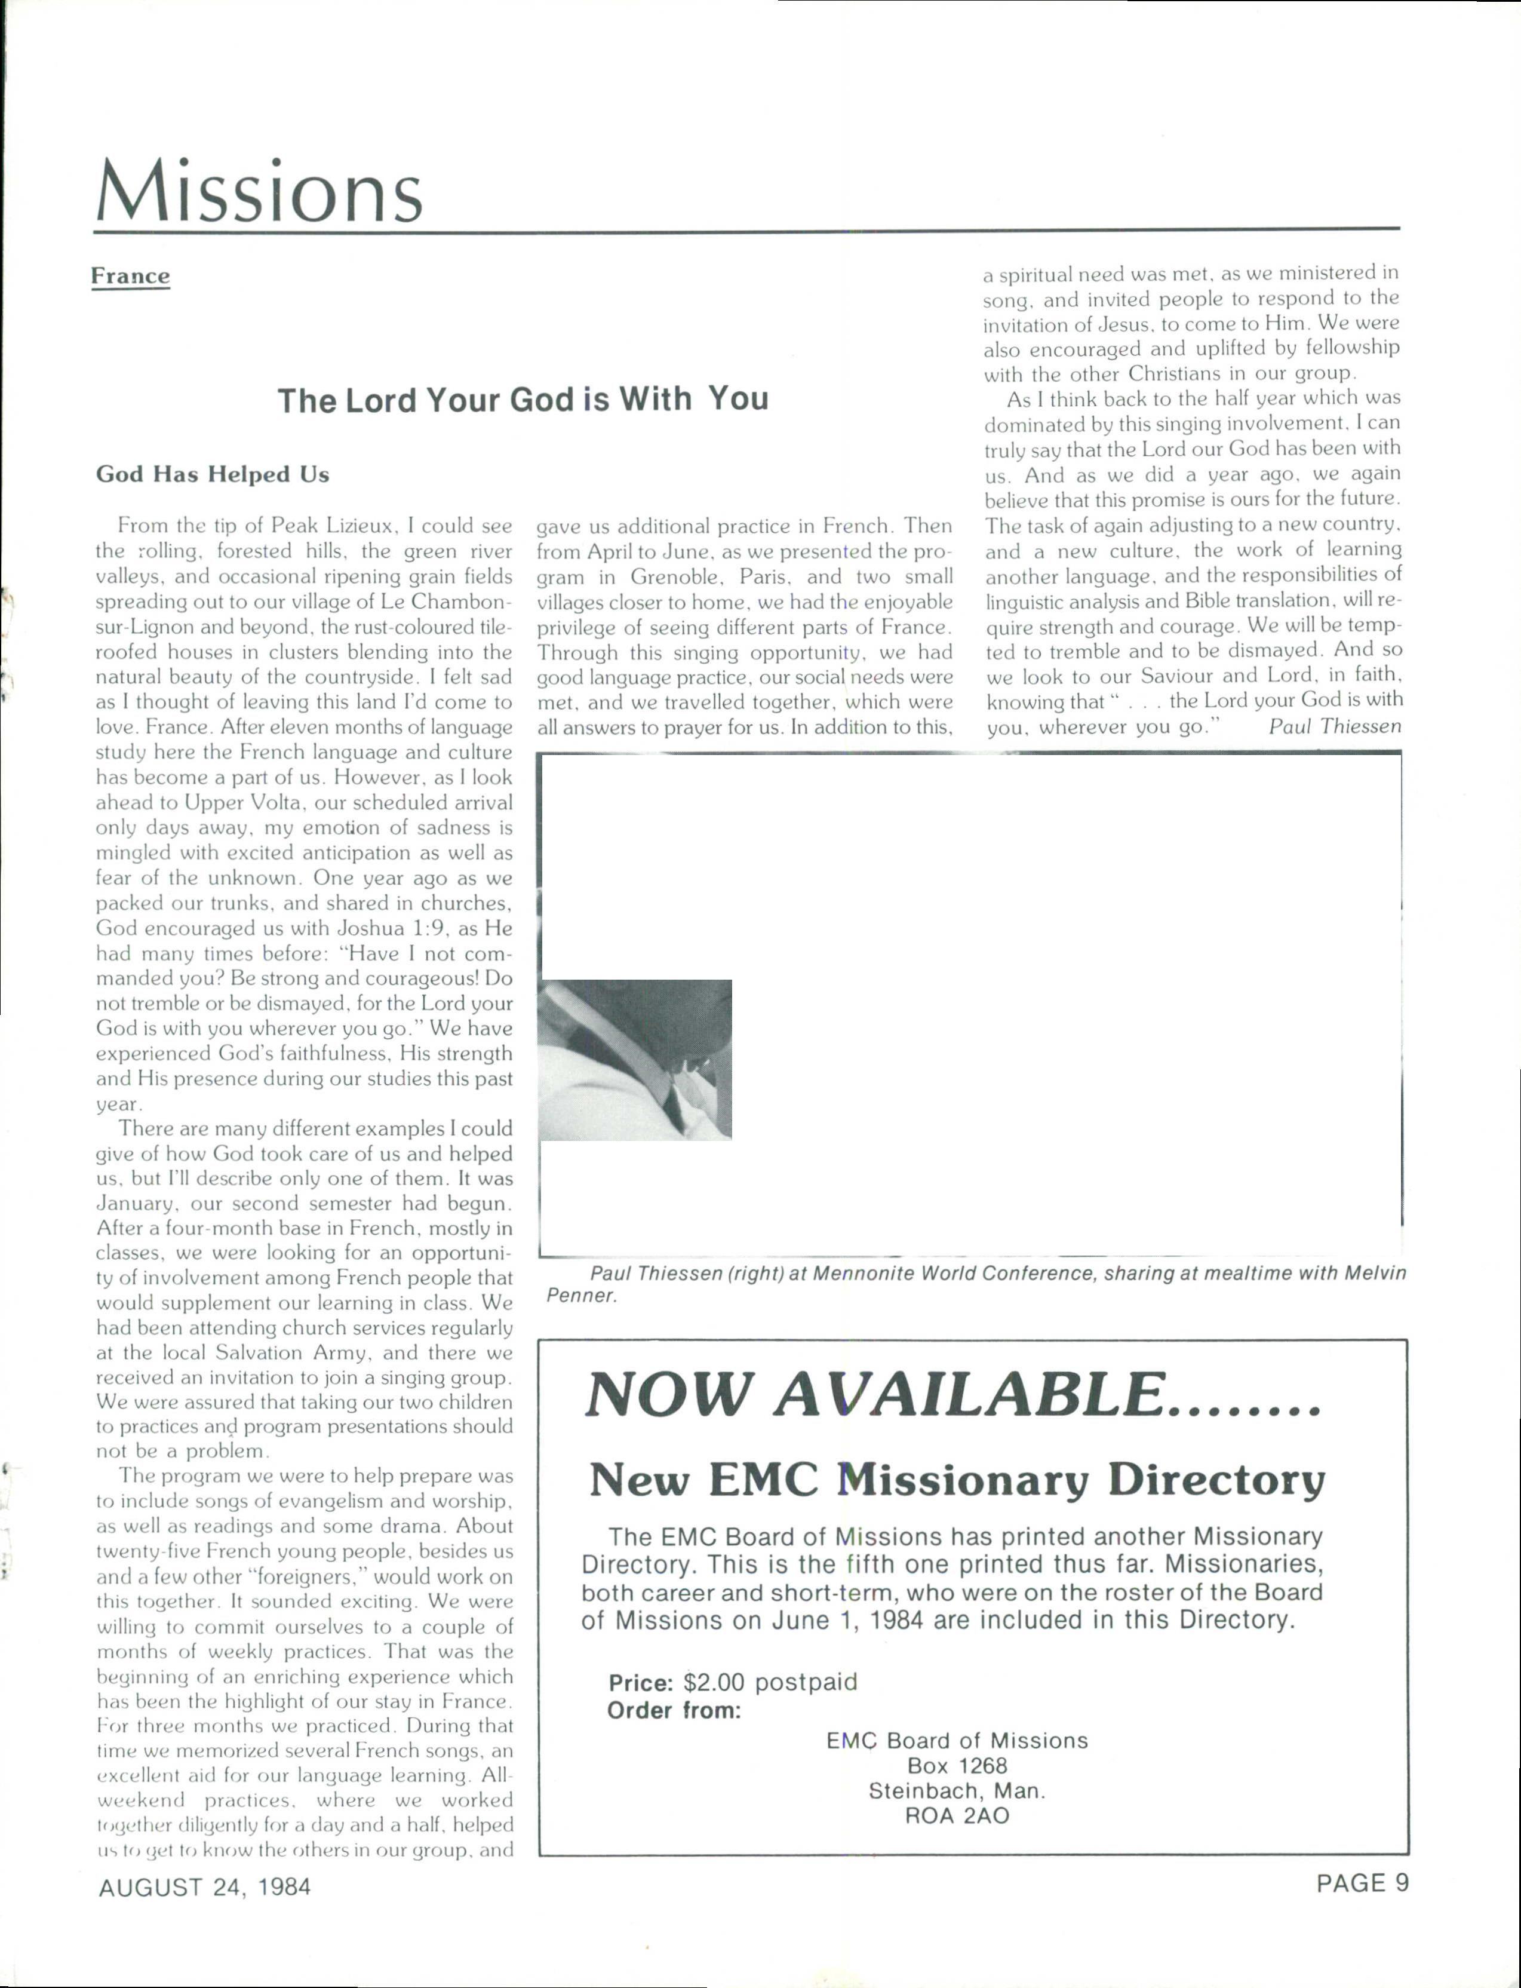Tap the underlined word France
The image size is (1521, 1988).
(130, 276)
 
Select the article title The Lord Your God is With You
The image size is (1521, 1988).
(523, 400)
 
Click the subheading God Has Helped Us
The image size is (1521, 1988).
(213, 474)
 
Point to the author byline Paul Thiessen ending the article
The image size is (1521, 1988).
(1335, 726)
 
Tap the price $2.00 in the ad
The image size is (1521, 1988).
(714, 1683)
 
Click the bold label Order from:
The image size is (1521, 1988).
(674, 1711)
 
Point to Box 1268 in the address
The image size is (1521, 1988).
(957, 1765)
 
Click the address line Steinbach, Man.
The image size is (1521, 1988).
(957, 1790)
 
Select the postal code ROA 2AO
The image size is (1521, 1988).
(957, 1816)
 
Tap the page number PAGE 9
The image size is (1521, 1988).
(1363, 1884)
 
